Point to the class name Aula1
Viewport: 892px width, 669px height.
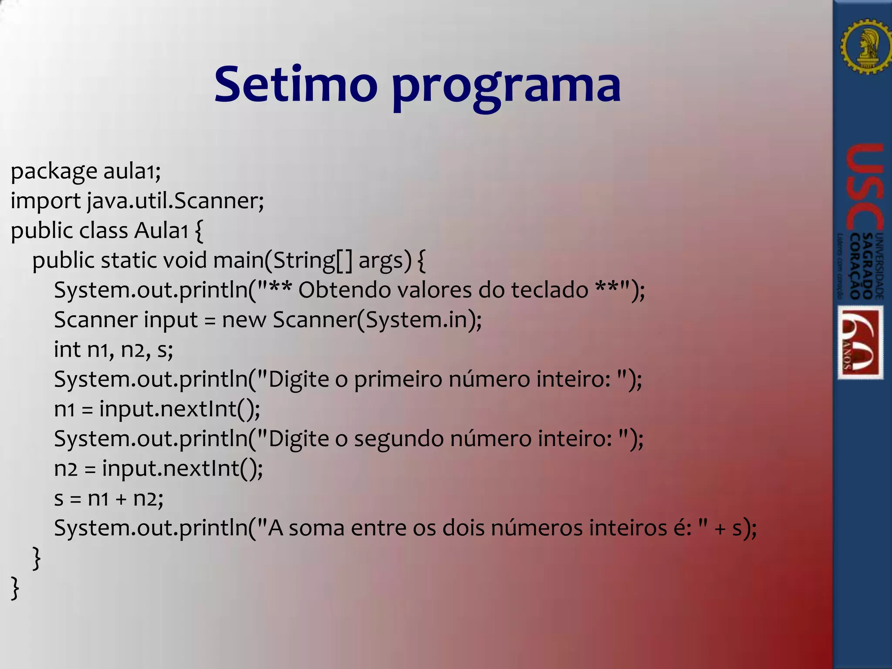[x=161, y=231]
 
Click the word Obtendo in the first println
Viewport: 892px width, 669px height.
[x=345, y=290]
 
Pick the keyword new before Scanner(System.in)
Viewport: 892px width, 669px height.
[x=244, y=320]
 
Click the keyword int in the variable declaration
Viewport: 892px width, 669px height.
[x=67, y=349]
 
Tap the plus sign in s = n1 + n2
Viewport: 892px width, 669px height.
[x=121, y=499]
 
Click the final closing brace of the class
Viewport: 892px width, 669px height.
[x=15, y=588]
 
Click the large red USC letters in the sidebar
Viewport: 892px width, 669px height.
[x=865, y=187]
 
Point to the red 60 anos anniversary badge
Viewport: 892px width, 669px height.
[x=861, y=342]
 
